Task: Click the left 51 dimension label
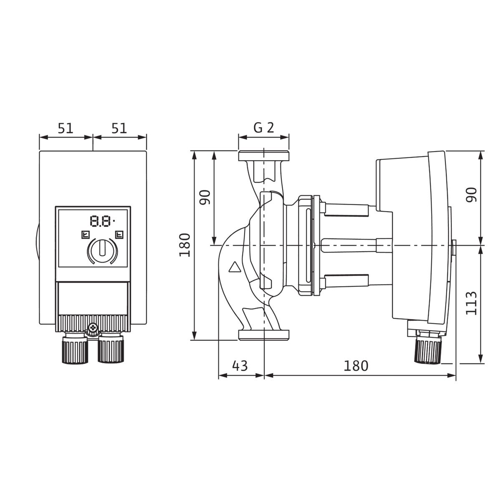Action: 66,128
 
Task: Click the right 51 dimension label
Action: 119,128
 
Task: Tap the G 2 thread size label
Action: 263,128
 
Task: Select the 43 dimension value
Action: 240,366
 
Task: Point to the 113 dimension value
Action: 471,304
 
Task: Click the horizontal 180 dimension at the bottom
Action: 356,366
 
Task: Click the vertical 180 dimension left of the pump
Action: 185,245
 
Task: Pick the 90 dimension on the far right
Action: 471,195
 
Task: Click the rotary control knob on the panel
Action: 102,251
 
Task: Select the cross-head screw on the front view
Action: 93,328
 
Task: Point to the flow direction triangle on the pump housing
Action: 235,267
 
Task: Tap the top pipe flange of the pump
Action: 263,156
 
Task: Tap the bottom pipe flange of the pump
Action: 263,335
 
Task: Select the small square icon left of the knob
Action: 85,235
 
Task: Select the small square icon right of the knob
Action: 119,235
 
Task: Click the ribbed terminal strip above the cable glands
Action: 93,323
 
